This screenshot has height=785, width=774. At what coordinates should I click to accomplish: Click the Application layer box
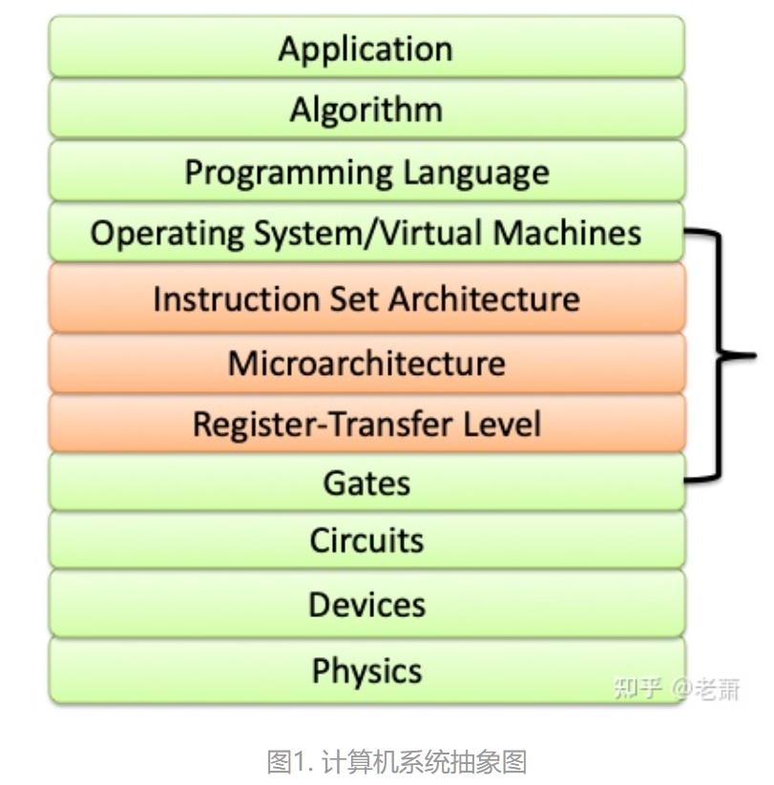tap(366, 49)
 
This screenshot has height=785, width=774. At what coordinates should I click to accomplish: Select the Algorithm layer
tap(366, 110)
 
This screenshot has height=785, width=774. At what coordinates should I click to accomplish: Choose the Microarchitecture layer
tap(366, 363)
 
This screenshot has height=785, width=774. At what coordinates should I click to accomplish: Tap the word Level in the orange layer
tap(506, 423)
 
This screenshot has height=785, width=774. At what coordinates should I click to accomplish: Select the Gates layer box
tap(366, 483)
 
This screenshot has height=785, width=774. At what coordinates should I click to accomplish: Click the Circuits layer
tap(366, 541)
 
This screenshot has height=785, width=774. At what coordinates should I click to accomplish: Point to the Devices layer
tap(366, 605)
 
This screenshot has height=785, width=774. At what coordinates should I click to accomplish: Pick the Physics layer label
tap(366, 671)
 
